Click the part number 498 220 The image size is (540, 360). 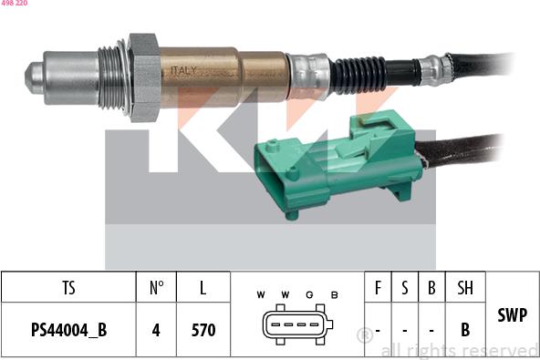point(14,4)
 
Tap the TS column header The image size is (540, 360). point(68,288)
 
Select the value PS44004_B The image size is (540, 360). point(68,330)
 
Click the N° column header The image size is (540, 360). point(156,288)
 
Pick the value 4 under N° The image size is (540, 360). point(156,330)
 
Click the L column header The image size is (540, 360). point(202,288)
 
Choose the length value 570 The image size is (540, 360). point(202,330)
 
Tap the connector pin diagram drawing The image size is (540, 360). point(296,326)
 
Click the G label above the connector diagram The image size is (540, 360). point(309,294)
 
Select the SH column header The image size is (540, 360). point(465,288)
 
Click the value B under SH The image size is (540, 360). point(465,330)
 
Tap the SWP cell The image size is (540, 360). point(512,314)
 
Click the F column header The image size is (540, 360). point(378,288)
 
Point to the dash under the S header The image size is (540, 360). point(404,330)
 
